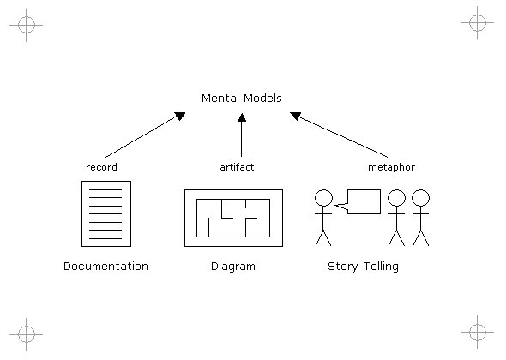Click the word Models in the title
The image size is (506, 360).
click(262, 98)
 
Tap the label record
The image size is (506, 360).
click(101, 167)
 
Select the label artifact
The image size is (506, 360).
click(237, 167)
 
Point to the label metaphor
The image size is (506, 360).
click(391, 167)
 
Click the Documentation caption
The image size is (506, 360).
click(105, 266)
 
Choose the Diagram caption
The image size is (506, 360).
click(233, 267)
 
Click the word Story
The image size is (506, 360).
click(342, 267)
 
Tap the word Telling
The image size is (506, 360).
click(381, 267)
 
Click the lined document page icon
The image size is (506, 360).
click(106, 214)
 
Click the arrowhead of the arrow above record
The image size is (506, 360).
click(180, 116)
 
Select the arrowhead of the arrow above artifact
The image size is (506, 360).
click(242, 117)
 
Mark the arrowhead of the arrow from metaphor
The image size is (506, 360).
click(296, 116)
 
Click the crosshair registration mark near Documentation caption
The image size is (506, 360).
click(26, 334)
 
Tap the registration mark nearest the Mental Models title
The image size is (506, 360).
click(26, 25)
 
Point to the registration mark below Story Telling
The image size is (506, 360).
click(478, 332)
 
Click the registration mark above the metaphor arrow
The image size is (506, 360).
click(478, 22)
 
